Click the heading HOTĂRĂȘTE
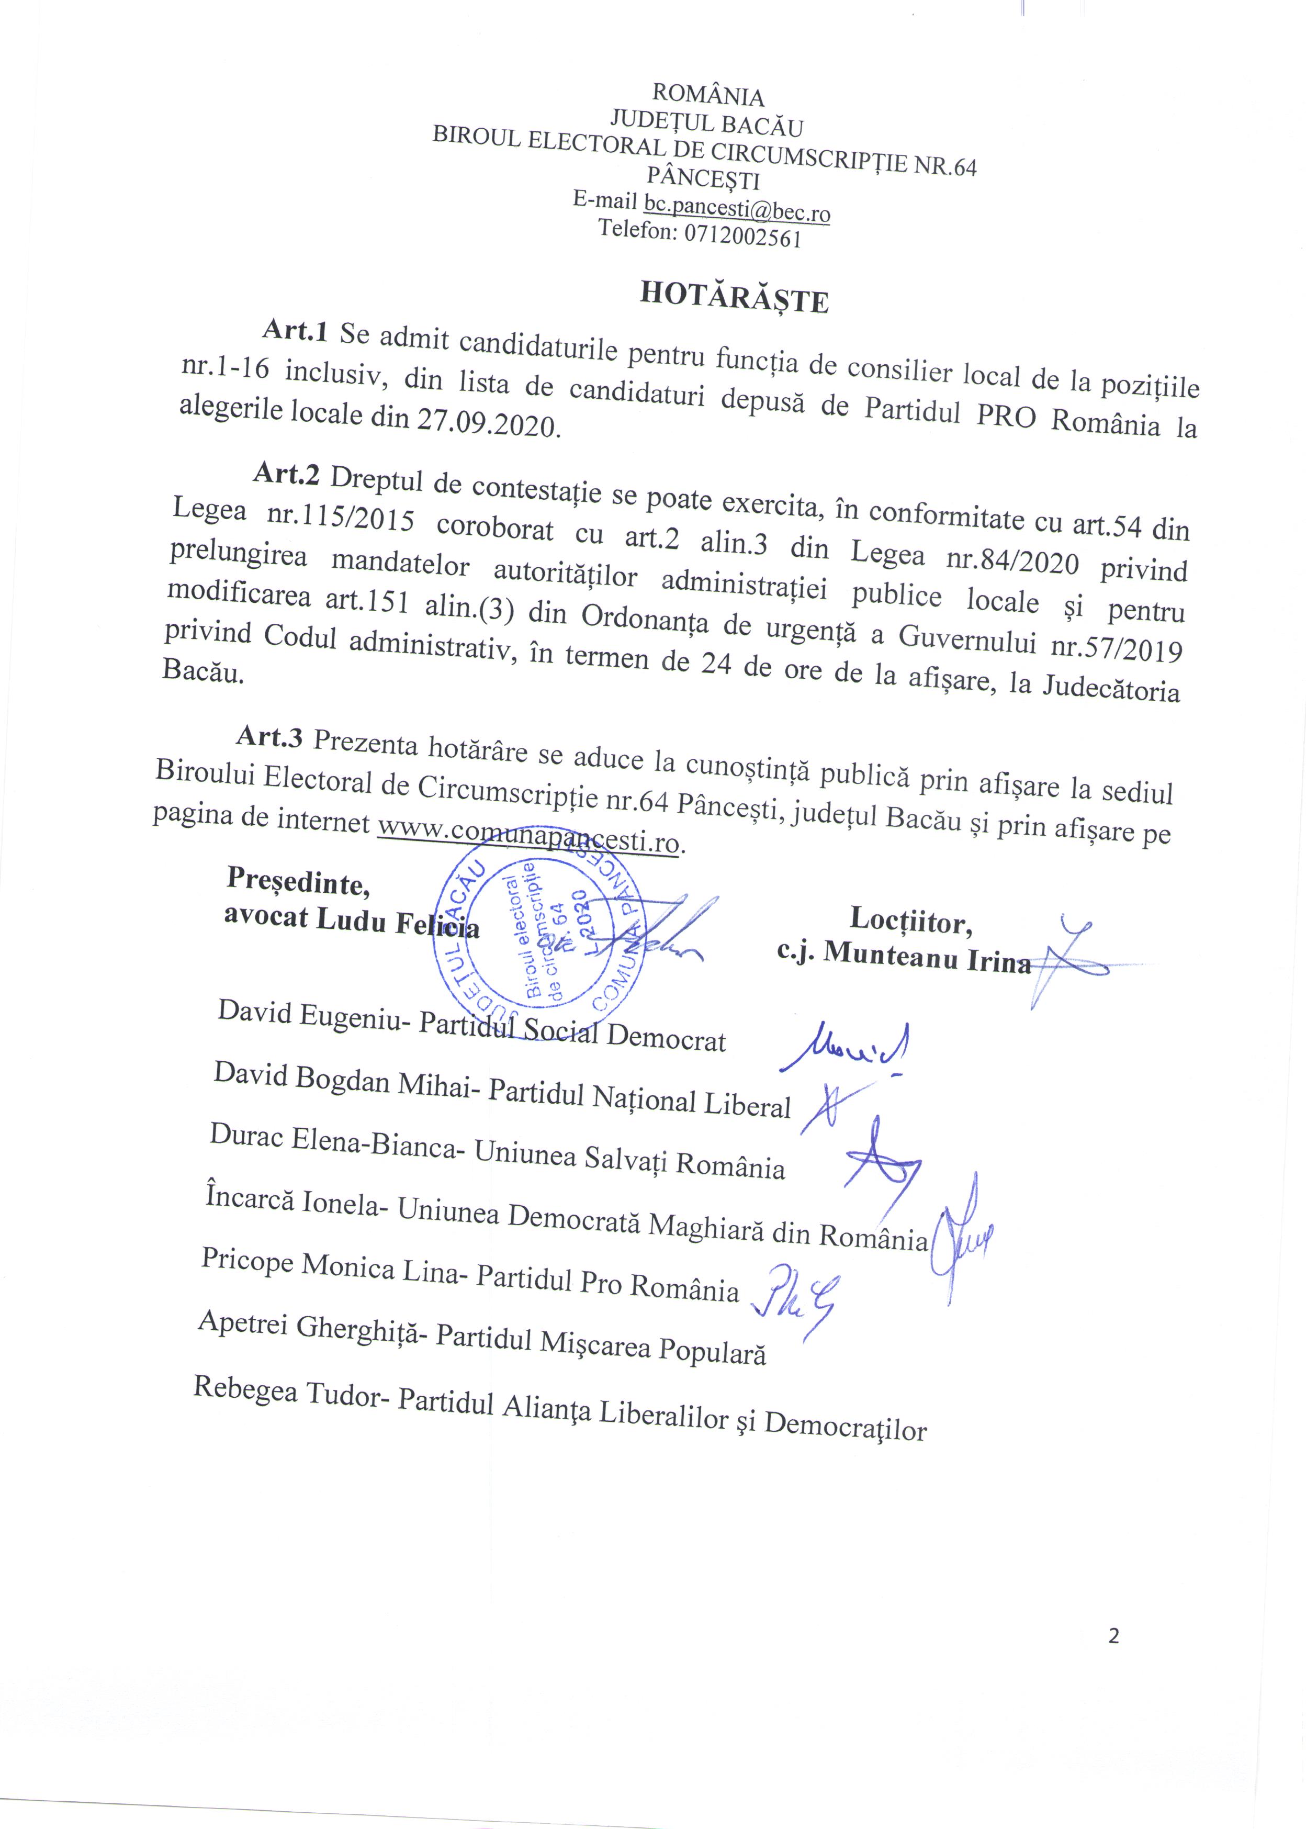pos(734,298)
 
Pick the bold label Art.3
pos(269,736)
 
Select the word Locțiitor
pos(911,922)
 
